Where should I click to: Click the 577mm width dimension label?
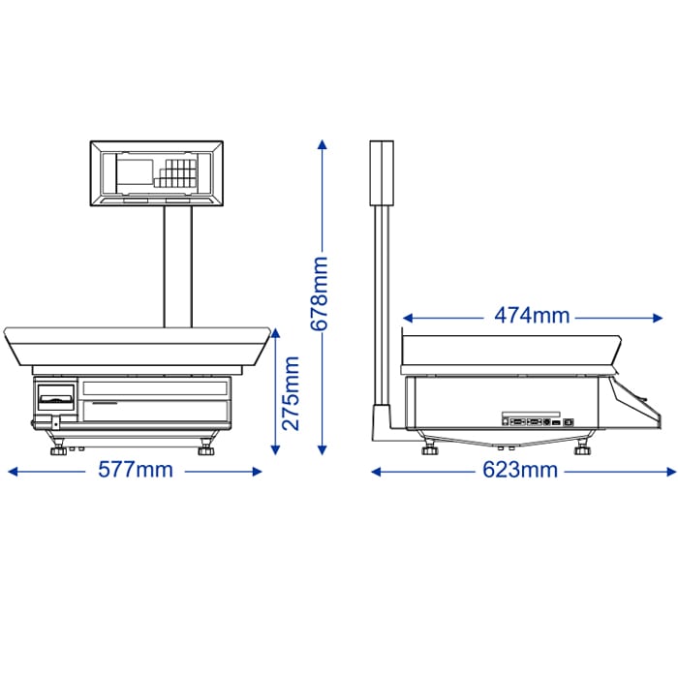(136, 470)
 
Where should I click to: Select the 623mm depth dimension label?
(520, 470)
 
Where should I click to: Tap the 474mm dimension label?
(532, 316)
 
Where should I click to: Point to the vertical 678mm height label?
(320, 293)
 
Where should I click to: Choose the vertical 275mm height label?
(291, 393)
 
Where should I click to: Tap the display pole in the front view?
(177, 266)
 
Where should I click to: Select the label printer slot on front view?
(56, 396)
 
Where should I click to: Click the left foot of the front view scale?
(58, 447)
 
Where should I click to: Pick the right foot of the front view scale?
(206, 447)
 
